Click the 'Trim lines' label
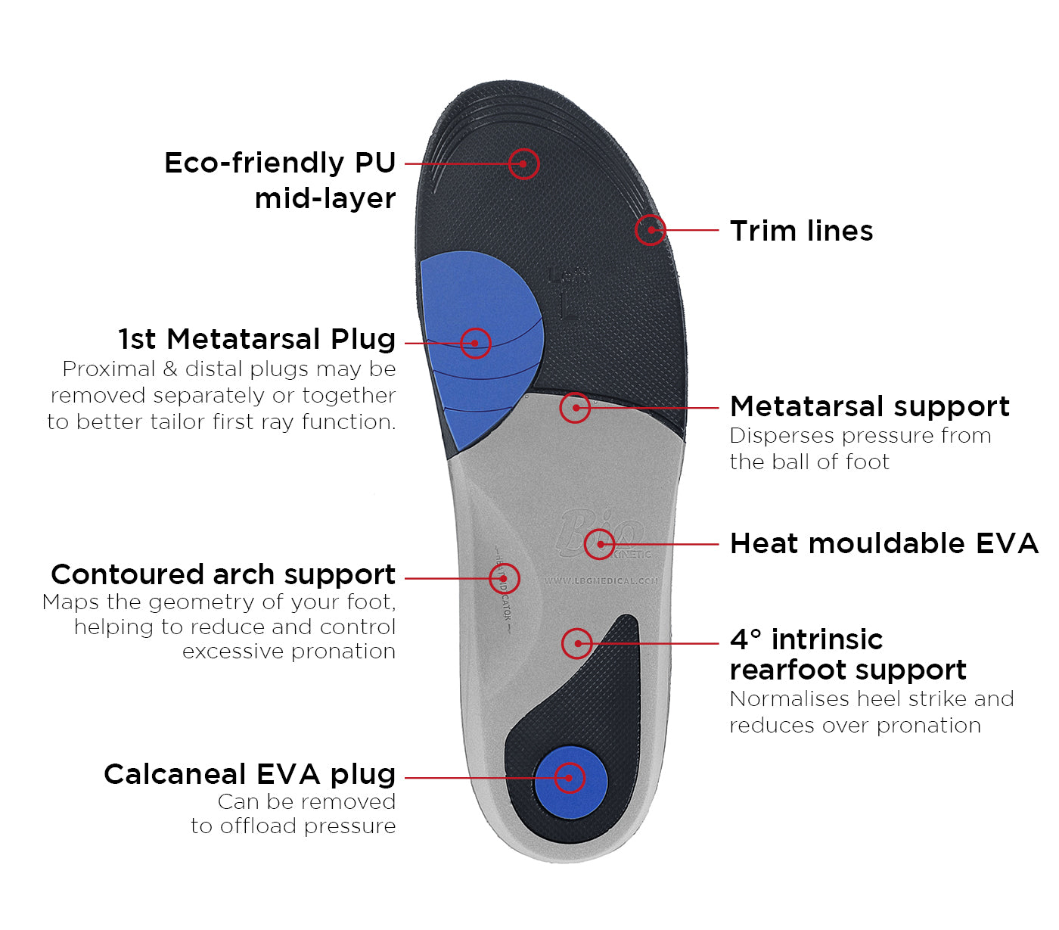[801, 231]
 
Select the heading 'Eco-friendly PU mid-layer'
[280, 180]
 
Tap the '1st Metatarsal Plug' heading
[257, 339]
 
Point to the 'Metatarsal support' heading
[869, 406]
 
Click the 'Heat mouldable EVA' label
[884, 543]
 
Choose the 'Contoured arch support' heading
[223, 574]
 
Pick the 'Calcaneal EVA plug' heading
[250, 774]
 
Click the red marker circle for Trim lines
[650, 230]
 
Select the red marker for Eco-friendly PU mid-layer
[523, 163]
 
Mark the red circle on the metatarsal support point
[575, 407]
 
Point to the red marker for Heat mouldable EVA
[600, 543]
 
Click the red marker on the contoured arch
[505, 578]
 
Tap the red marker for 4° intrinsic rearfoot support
[577, 643]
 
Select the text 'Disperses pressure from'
[860, 436]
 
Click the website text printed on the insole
[601, 580]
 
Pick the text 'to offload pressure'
[293, 826]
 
